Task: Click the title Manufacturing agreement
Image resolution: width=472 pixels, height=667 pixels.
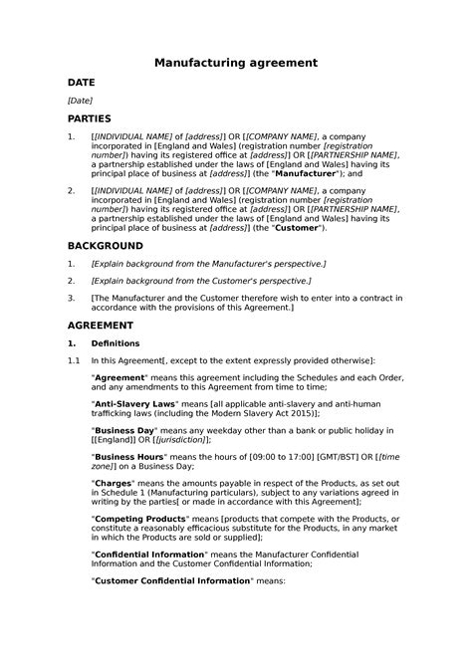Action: (236, 62)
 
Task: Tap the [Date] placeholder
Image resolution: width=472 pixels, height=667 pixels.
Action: (80, 102)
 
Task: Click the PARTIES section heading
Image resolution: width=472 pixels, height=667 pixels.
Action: (90, 118)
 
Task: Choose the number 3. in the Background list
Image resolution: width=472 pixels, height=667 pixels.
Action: (71, 298)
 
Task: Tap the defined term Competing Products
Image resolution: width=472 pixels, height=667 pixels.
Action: (139, 519)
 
